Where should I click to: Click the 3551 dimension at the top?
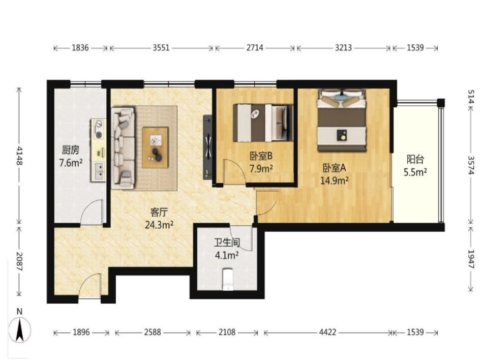click(161, 48)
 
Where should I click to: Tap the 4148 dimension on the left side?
click(19, 156)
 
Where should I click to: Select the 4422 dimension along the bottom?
click(327, 333)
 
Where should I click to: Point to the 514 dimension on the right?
click(471, 97)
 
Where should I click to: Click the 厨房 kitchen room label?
click(70, 150)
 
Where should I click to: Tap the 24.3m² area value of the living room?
click(159, 225)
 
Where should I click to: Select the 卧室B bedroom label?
click(261, 156)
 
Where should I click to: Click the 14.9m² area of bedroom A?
click(335, 180)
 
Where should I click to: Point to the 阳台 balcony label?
click(415, 159)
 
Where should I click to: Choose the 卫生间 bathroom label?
click(227, 243)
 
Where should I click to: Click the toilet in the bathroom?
click(228, 280)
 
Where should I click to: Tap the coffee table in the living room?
click(155, 147)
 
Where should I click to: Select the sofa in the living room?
click(123, 148)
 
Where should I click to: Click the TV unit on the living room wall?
click(208, 147)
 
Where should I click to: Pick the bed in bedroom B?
click(263, 123)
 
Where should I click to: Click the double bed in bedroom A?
click(342, 120)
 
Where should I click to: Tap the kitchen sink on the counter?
click(99, 171)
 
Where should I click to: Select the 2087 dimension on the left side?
click(19, 261)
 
